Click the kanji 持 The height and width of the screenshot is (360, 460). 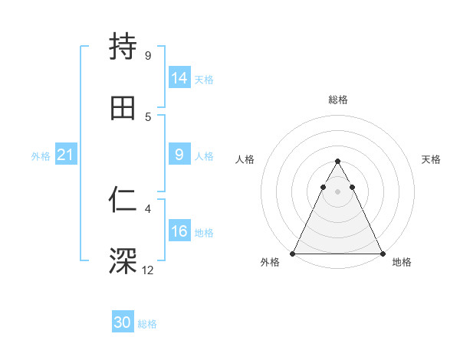coord(123,47)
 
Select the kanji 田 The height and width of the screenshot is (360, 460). coord(123,108)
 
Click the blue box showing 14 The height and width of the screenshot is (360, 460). coord(179,78)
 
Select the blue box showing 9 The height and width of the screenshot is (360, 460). coord(179,155)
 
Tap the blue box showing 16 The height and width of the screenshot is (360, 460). coord(179,231)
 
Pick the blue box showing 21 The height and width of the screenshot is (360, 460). coord(65,155)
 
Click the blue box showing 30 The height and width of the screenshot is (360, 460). coord(123,322)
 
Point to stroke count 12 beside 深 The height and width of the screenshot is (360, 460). coord(148,270)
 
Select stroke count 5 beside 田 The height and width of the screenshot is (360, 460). coord(148,116)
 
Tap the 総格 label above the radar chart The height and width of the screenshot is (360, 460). coord(337,100)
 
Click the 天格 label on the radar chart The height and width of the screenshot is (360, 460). coord(431,159)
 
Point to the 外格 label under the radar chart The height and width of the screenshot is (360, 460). coord(270,263)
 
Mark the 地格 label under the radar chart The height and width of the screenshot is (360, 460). coord(402,263)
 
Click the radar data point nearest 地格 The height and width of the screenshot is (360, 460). coord(383,254)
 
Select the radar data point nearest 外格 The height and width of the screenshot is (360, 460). coord(293,254)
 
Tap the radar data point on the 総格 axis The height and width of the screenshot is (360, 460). coord(337,161)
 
